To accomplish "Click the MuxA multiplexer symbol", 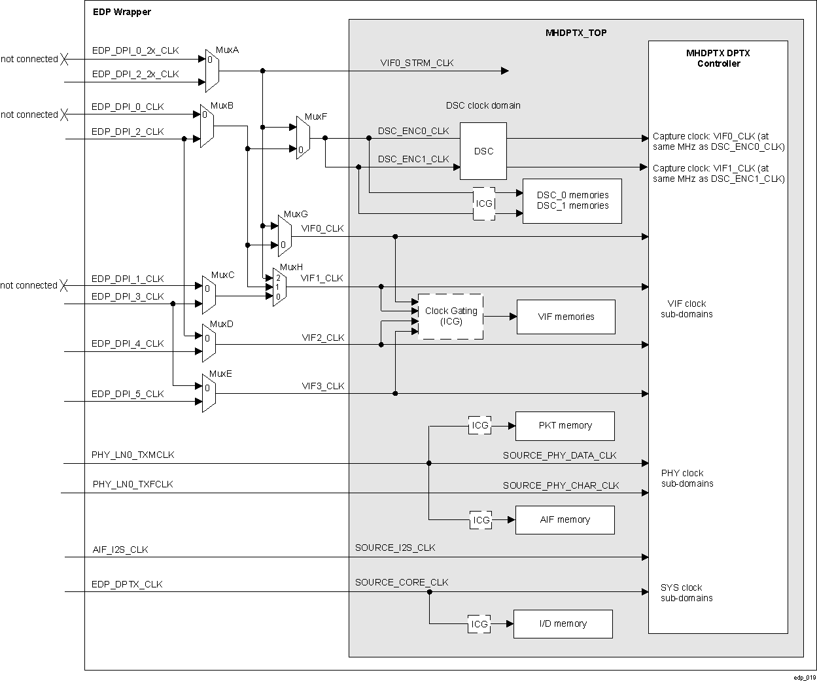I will [x=212, y=71].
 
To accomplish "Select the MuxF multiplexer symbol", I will [x=302, y=139].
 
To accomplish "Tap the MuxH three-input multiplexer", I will [x=279, y=287].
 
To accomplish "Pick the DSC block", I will [x=483, y=151].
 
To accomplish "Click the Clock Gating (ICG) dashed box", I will [x=451, y=317].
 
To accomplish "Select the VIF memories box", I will [x=566, y=317].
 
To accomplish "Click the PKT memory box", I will [x=565, y=426].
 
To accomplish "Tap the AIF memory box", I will [x=565, y=520].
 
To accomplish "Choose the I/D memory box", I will [x=563, y=624].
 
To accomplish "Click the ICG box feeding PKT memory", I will [x=480, y=426].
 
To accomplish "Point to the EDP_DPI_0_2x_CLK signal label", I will [x=135, y=50].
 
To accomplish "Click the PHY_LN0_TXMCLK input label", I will [x=133, y=455].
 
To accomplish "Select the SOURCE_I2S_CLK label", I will [x=394, y=548].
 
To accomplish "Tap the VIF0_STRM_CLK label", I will [x=417, y=63].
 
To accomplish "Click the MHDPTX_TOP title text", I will [x=576, y=33].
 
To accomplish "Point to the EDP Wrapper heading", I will [x=121, y=12].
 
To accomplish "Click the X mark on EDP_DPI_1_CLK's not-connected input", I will [x=64, y=285].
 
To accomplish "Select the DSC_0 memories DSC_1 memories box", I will [x=572, y=201].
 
